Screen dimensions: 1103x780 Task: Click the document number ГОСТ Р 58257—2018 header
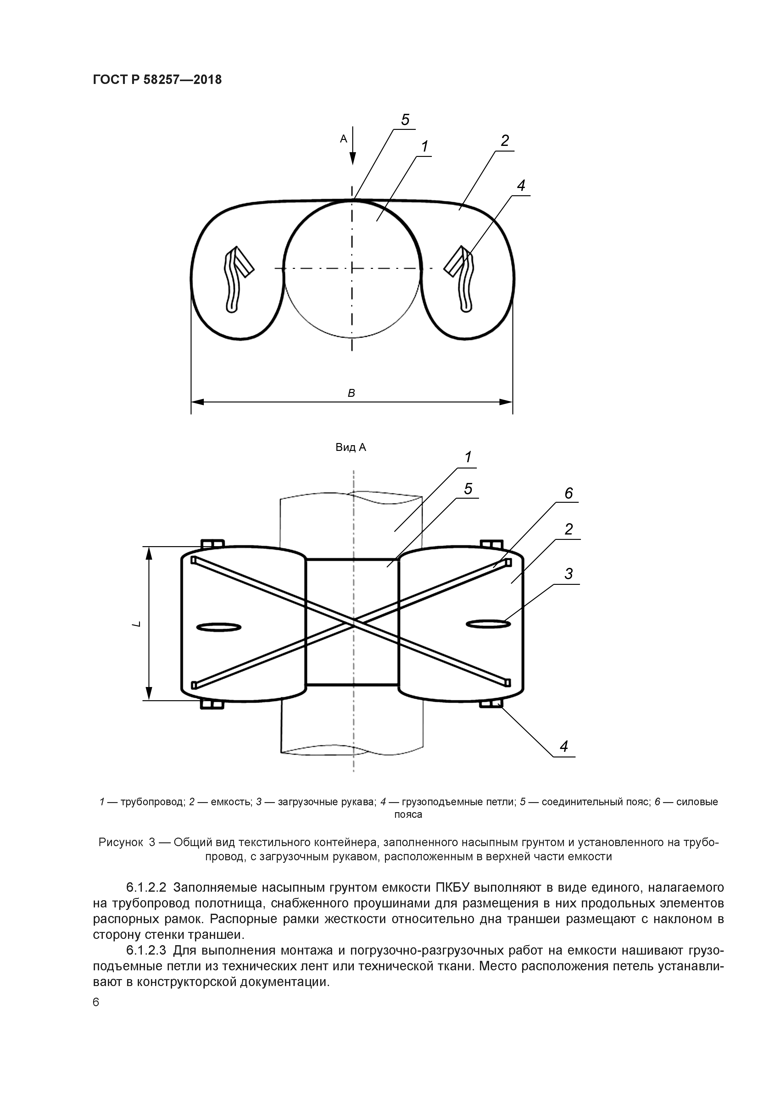coord(157,79)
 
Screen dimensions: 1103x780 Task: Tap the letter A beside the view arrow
coord(343,139)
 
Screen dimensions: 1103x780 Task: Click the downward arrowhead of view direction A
coord(353,158)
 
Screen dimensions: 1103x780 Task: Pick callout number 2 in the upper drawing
coord(504,141)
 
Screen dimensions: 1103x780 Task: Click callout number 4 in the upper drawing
coord(521,186)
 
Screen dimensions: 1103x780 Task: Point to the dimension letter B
coord(351,393)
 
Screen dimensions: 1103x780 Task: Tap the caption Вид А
coord(350,447)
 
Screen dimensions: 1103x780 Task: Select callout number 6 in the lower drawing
coord(569,493)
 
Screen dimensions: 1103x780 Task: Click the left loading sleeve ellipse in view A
coord(219,627)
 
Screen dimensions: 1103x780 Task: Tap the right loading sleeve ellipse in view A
coord(488,624)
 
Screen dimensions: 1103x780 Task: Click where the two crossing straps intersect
coord(353,625)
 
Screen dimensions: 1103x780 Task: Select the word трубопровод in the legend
coord(152,801)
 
